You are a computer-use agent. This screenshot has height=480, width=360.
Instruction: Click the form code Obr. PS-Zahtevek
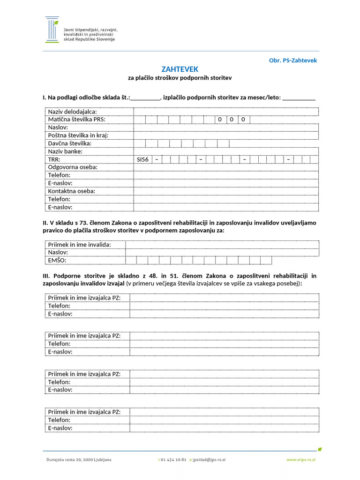tap(293, 60)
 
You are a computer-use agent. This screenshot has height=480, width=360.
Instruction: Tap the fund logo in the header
tap(52, 30)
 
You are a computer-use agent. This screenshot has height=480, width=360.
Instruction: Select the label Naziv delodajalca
tap(72, 112)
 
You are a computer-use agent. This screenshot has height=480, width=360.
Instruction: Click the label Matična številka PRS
tap(77, 120)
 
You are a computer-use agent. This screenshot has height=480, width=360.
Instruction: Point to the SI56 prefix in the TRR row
tap(142, 159)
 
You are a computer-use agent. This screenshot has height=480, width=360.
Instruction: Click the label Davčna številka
tap(70, 143)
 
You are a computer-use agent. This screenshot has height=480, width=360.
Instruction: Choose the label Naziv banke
tap(65, 151)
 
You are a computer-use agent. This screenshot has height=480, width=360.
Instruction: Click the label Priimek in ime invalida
tap(80, 245)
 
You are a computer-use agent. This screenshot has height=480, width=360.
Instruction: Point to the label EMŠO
tap(57, 260)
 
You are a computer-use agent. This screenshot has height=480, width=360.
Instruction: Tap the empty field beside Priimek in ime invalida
tap(222, 245)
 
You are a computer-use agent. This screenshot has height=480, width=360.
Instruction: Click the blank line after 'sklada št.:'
tap(145, 98)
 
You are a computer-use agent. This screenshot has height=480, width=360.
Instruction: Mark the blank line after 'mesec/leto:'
tap(299, 98)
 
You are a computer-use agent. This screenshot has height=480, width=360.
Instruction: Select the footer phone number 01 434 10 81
tap(173, 460)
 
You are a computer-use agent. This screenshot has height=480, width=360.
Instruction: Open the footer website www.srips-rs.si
tap(301, 460)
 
